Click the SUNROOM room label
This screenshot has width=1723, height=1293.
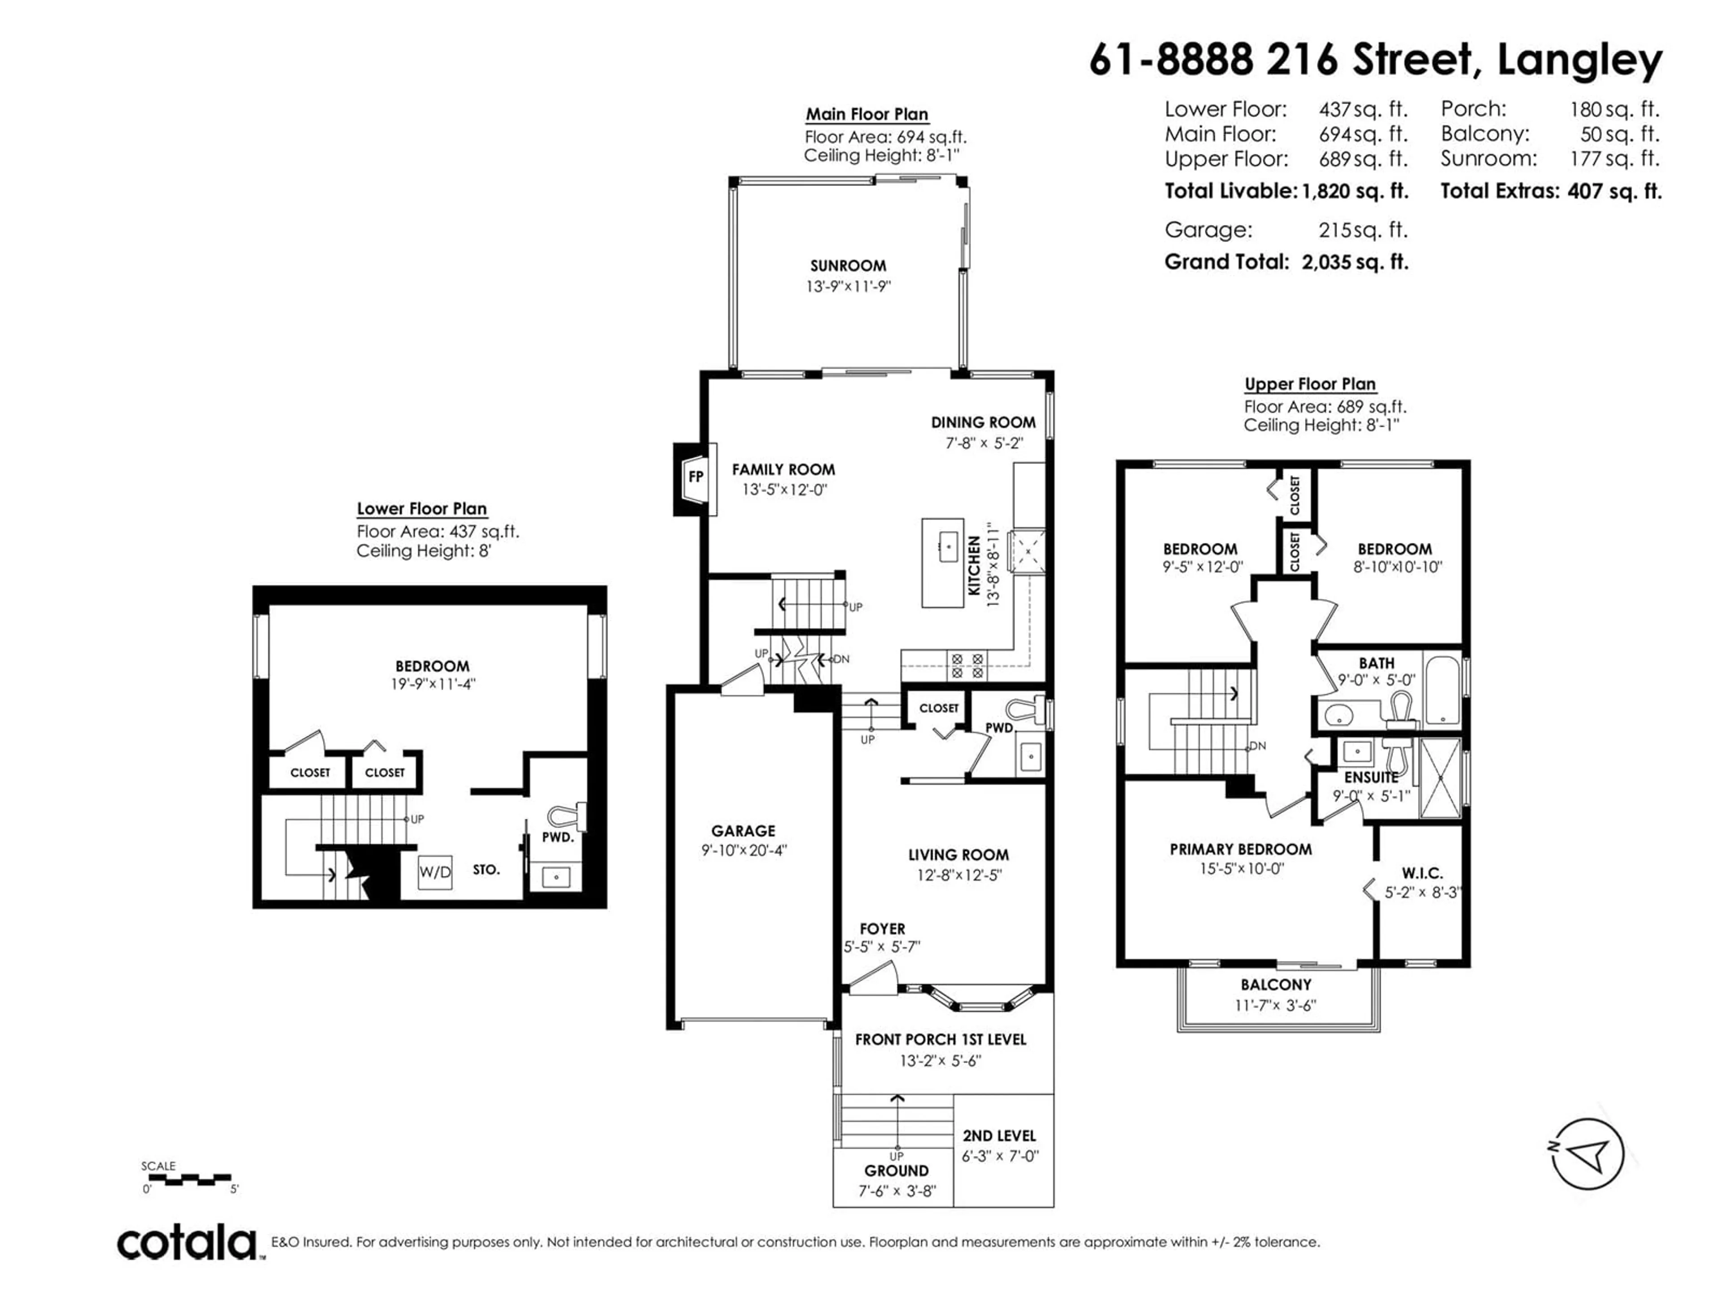(848, 266)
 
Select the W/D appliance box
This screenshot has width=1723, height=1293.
(435, 872)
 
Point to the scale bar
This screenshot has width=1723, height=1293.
(187, 1179)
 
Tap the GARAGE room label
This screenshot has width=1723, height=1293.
(743, 831)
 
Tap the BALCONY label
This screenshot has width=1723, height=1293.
(1276, 985)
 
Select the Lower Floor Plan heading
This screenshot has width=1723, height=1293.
(421, 509)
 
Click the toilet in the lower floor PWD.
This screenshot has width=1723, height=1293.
(566, 814)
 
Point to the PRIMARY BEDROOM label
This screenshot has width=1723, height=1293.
(1240, 849)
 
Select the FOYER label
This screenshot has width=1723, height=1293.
(883, 929)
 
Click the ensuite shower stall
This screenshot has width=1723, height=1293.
(1440, 778)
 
